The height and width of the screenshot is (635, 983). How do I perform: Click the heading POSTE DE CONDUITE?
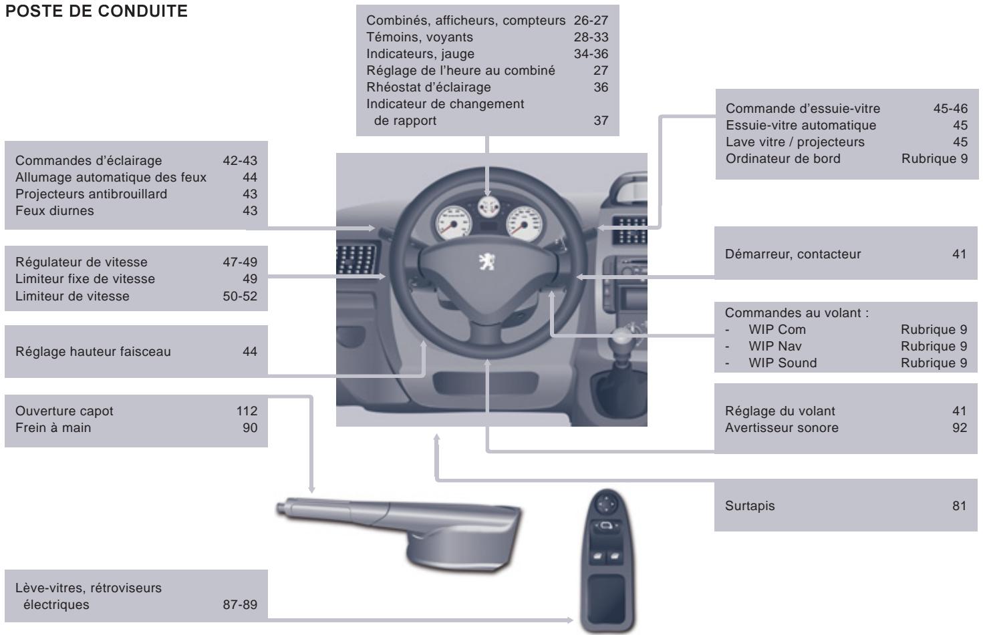[x=96, y=13]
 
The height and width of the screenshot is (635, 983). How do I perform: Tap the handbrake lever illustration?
[x=401, y=527]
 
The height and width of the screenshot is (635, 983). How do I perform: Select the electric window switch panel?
[x=607, y=561]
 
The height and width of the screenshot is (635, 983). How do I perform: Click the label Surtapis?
[x=750, y=506]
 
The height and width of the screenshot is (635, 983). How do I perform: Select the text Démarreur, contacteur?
[x=793, y=254]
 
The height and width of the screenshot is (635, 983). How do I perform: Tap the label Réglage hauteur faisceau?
[x=93, y=352]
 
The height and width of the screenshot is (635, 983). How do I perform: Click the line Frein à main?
[x=53, y=427]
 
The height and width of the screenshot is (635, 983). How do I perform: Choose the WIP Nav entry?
[x=775, y=347]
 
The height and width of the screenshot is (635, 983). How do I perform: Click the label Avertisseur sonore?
[x=781, y=428]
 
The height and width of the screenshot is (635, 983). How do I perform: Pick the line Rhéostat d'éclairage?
[x=428, y=87]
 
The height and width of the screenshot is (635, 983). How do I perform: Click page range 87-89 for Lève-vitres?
[x=239, y=605]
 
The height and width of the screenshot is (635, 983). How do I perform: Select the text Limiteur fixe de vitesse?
[x=85, y=279]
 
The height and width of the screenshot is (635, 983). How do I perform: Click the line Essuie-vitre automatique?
[x=801, y=126]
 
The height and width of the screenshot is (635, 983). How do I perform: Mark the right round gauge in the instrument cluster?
[x=523, y=222]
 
